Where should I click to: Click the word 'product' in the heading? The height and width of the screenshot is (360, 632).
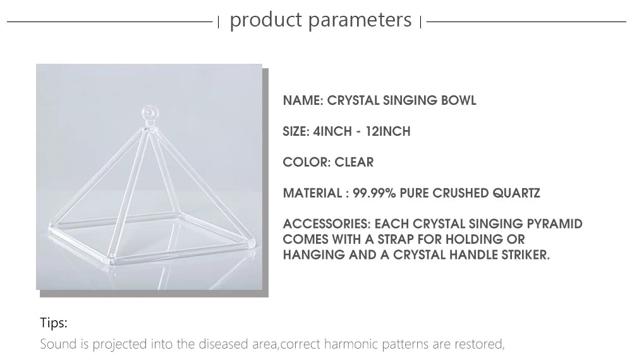265,20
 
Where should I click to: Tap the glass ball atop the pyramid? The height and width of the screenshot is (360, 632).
150,112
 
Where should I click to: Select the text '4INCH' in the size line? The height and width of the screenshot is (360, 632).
332,131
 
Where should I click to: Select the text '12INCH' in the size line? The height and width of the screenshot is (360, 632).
388,131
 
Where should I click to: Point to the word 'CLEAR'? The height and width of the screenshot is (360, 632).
354,162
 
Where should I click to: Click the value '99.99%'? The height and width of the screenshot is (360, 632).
374,193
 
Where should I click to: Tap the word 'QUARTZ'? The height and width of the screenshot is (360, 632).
516,193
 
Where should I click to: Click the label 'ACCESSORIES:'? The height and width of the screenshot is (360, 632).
327,224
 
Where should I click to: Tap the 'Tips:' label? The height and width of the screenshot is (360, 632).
54,323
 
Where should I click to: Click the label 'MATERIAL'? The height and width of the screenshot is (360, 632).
312,193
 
